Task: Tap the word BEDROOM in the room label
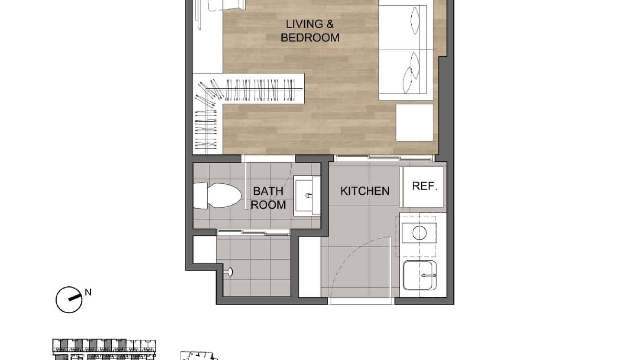[310, 38]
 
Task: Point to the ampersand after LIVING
[333, 23]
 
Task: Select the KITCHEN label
[365, 191]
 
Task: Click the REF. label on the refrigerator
[425, 186]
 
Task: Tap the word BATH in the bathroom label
[268, 191]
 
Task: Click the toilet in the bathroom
[217, 195]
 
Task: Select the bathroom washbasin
[307, 196]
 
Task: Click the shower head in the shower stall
[230, 272]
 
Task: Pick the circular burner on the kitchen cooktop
[419, 233]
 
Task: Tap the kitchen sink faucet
[428, 275]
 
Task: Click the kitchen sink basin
[419, 275]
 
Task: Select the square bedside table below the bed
[415, 123]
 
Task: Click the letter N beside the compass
[88, 292]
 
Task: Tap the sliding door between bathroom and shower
[254, 233]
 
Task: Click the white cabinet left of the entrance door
[310, 267]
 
